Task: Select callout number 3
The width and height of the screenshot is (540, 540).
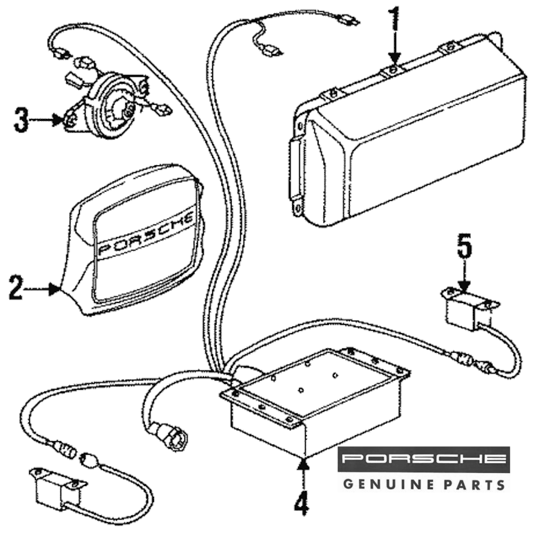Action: click(21, 120)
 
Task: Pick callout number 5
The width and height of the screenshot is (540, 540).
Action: click(464, 248)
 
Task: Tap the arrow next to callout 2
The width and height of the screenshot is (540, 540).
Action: click(43, 289)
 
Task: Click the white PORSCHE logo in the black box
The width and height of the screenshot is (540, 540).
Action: click(424, 460)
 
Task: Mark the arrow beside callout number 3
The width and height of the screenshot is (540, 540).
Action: click(49, 120)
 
